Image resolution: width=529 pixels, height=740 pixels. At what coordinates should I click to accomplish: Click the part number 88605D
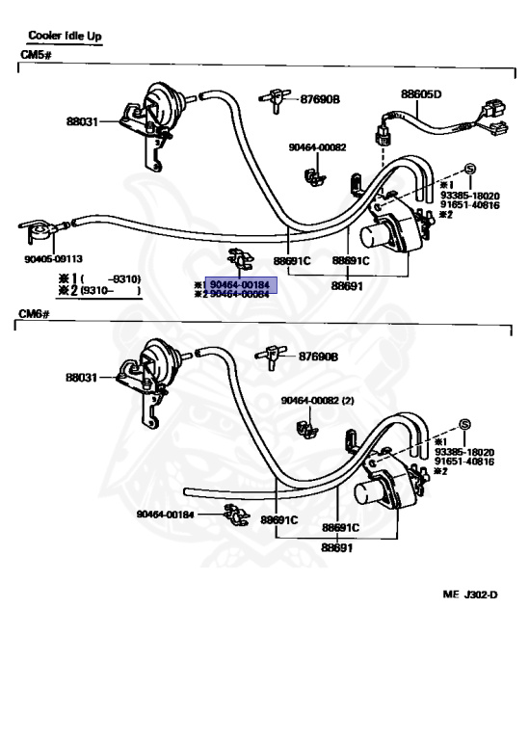[x=421, y=94]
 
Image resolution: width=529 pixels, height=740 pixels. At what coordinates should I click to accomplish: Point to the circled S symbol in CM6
[x=464, y=425]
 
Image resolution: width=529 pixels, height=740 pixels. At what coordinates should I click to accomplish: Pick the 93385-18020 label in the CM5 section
[x=469, y=194]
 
